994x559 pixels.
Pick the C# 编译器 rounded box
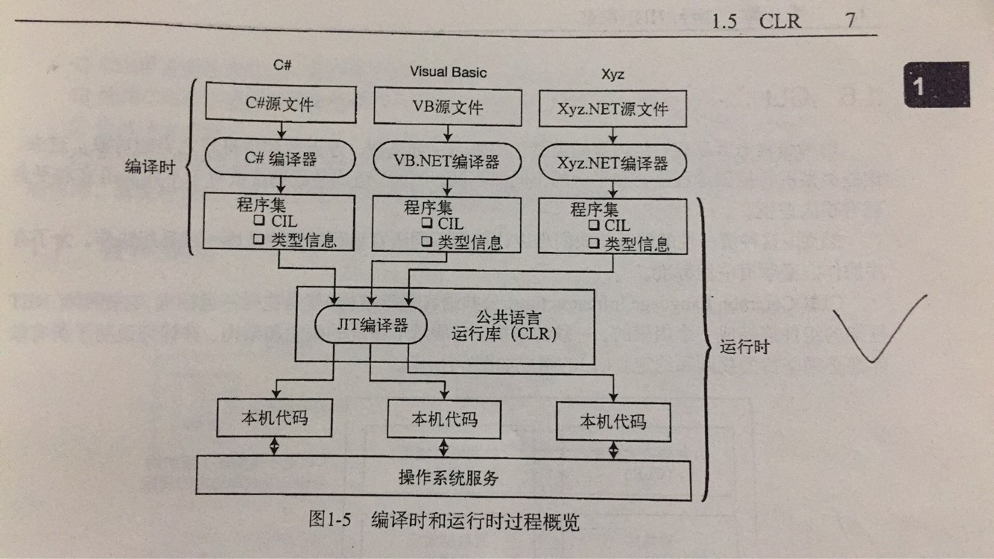(280, 159)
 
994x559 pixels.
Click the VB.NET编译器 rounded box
(447, 161)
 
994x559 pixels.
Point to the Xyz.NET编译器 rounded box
(612, 164)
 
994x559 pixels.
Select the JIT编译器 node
(370, 325)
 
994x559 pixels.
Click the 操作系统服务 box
(443, 478)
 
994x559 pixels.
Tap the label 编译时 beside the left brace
(150, 166)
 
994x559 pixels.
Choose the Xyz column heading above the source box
(612, 75)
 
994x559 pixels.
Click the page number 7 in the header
(850, 20)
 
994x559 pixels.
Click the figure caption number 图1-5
(329, 521)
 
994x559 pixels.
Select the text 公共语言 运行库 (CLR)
(504, 326)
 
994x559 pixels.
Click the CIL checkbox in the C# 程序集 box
(259, 221)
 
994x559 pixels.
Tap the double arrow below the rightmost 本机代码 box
(614, 449)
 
